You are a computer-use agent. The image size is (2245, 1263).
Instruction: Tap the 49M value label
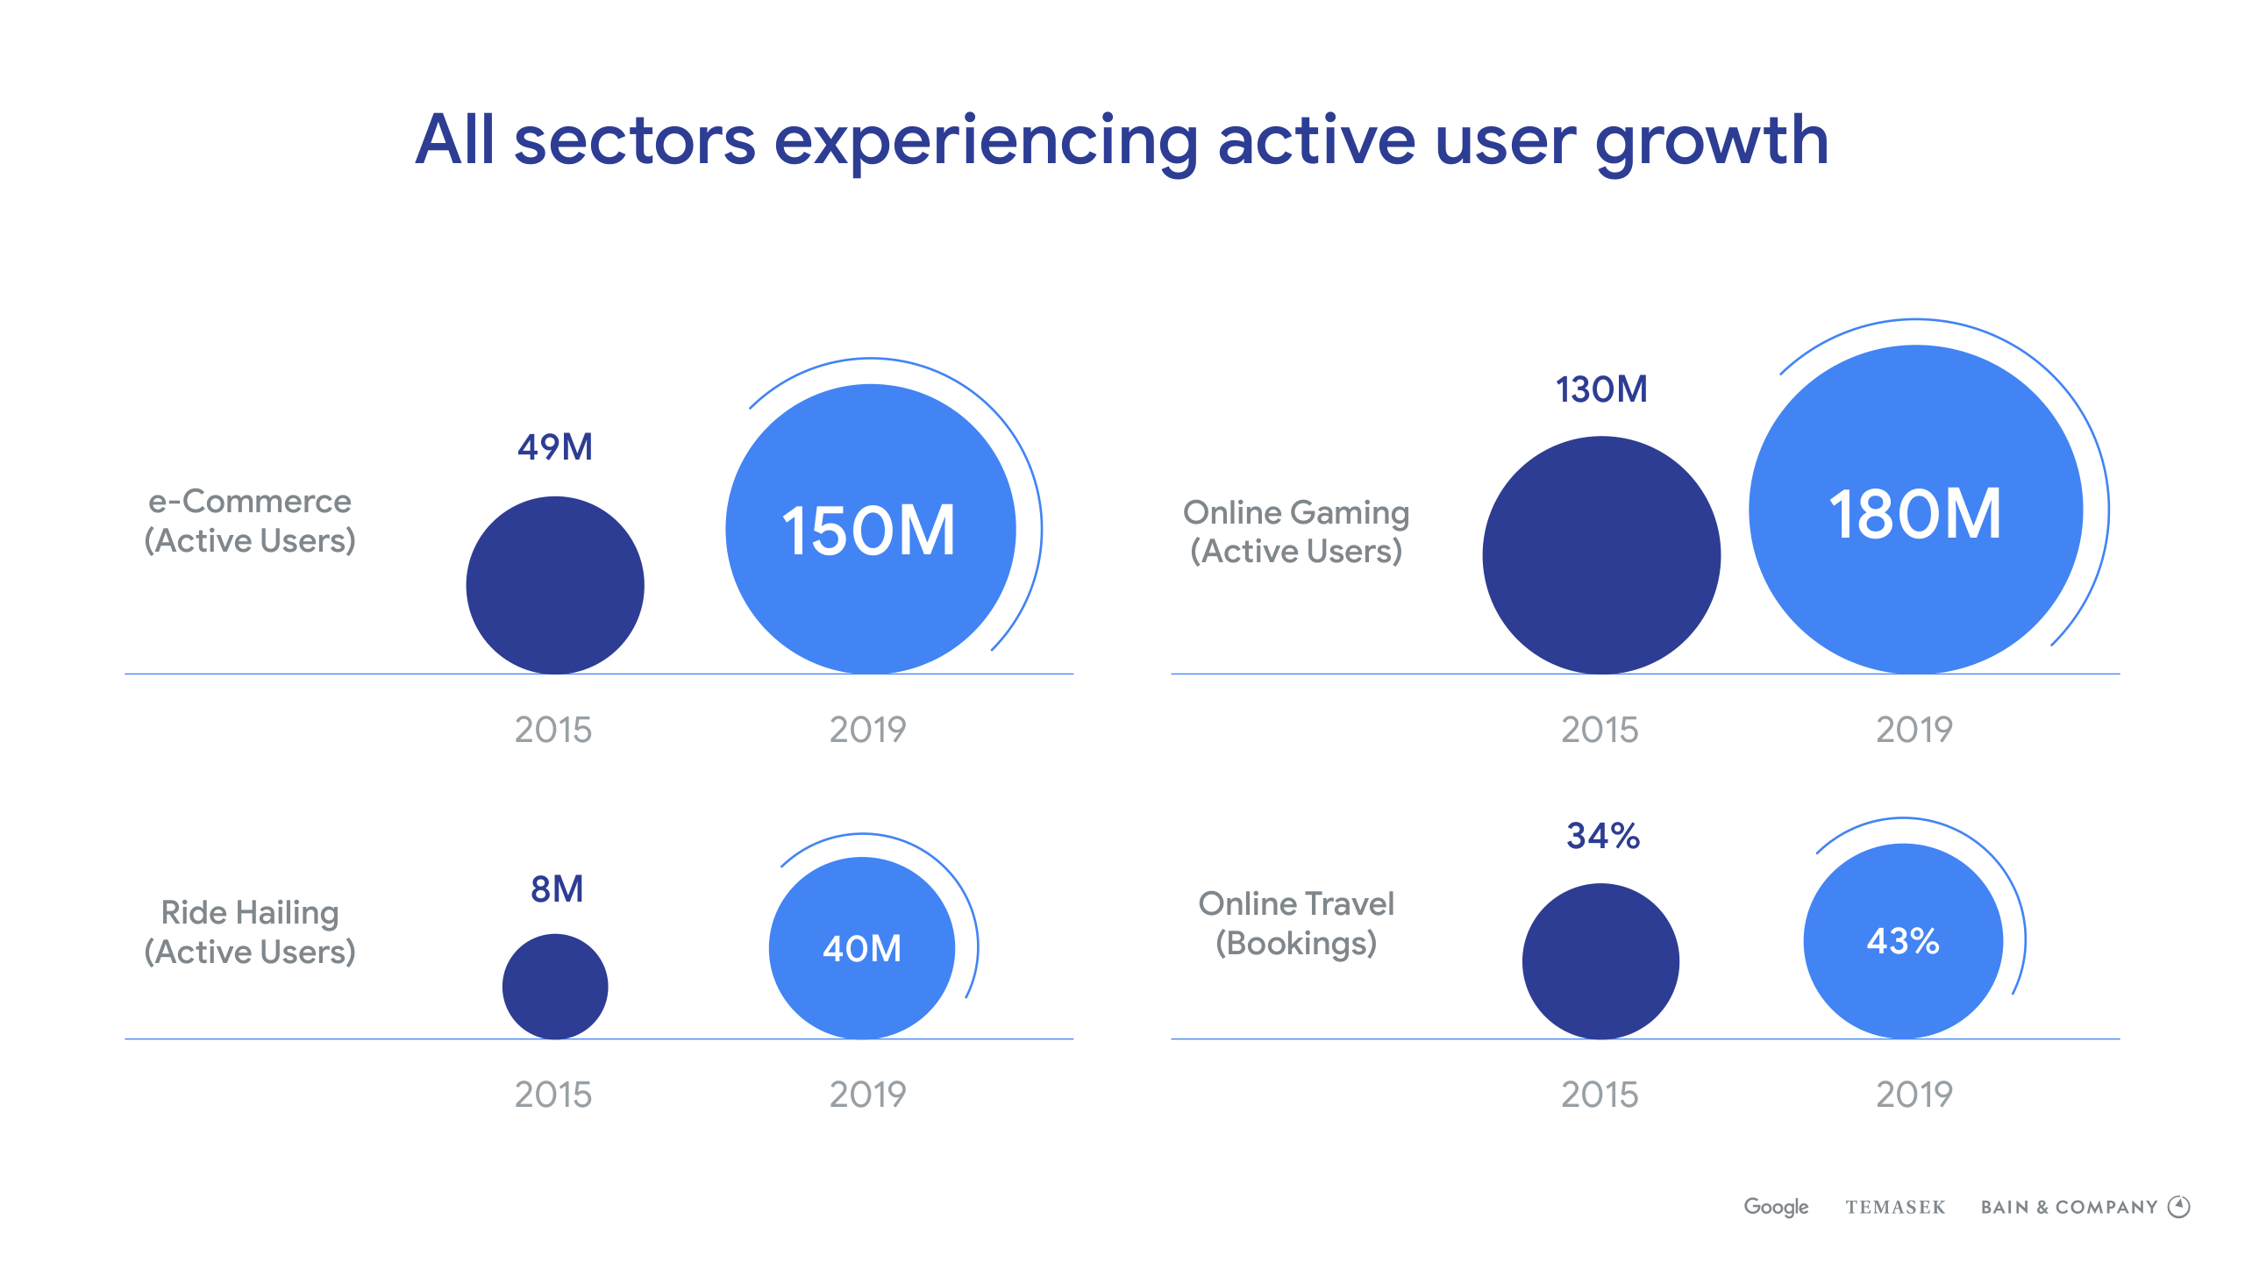coord(555,447)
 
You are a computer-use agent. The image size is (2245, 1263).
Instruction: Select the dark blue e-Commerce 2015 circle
coord(555,585)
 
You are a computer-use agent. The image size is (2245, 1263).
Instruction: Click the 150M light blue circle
coord(870,529)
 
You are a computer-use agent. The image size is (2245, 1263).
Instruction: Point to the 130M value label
coord(1601,389)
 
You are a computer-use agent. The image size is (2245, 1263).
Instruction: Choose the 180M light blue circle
coord(1915,510)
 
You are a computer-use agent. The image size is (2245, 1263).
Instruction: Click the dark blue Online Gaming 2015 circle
coord(1601,555)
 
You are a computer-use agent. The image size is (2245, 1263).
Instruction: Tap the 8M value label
coord(557,889)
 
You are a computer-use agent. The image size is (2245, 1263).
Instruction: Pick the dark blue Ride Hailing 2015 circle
coord(555,987)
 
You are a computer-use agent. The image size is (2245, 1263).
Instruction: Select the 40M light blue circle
coord(862,948)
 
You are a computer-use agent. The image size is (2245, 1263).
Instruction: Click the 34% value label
coord(1603,836)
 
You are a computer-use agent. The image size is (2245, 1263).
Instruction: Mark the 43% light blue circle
coord(1903,941)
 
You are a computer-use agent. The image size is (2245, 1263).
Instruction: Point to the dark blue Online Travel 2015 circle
coord(1600,961)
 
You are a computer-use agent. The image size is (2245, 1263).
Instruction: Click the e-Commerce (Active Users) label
coord(250,521)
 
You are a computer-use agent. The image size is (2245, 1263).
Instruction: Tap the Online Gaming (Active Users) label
coord(1296,532)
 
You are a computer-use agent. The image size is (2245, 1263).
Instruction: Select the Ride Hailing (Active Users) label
coord(250,932)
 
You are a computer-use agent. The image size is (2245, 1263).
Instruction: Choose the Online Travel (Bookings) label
coord(1296,924)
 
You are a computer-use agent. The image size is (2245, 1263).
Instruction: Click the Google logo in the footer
coord(1776,1207)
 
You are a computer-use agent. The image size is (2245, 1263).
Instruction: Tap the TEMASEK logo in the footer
coord(1895,1208)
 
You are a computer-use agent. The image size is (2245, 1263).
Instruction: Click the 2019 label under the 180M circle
coord(1914,730)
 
